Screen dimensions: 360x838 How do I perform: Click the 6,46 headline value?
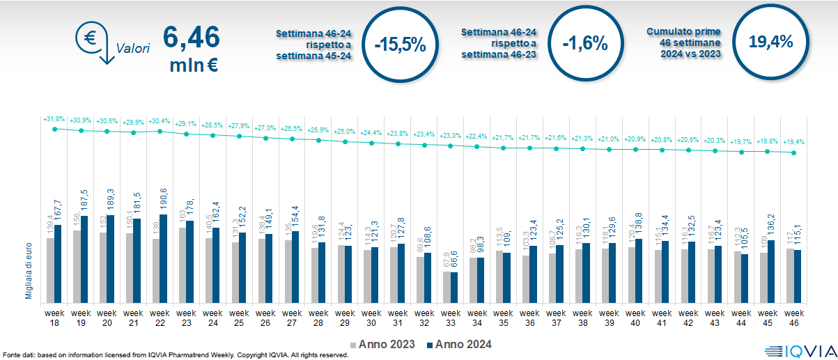click(191, 37)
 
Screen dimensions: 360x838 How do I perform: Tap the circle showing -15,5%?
click(399, 44)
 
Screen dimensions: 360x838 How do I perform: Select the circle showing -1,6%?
click(584, 44)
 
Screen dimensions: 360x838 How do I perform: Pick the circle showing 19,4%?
click(770, 42)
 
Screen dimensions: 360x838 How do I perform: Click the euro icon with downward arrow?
click(93, 41)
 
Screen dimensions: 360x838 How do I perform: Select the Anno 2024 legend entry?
click(459, 344)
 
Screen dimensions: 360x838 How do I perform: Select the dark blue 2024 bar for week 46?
click(798, 275)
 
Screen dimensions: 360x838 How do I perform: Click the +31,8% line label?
click(54, 119)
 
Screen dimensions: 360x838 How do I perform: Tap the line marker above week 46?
click(794, 153)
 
